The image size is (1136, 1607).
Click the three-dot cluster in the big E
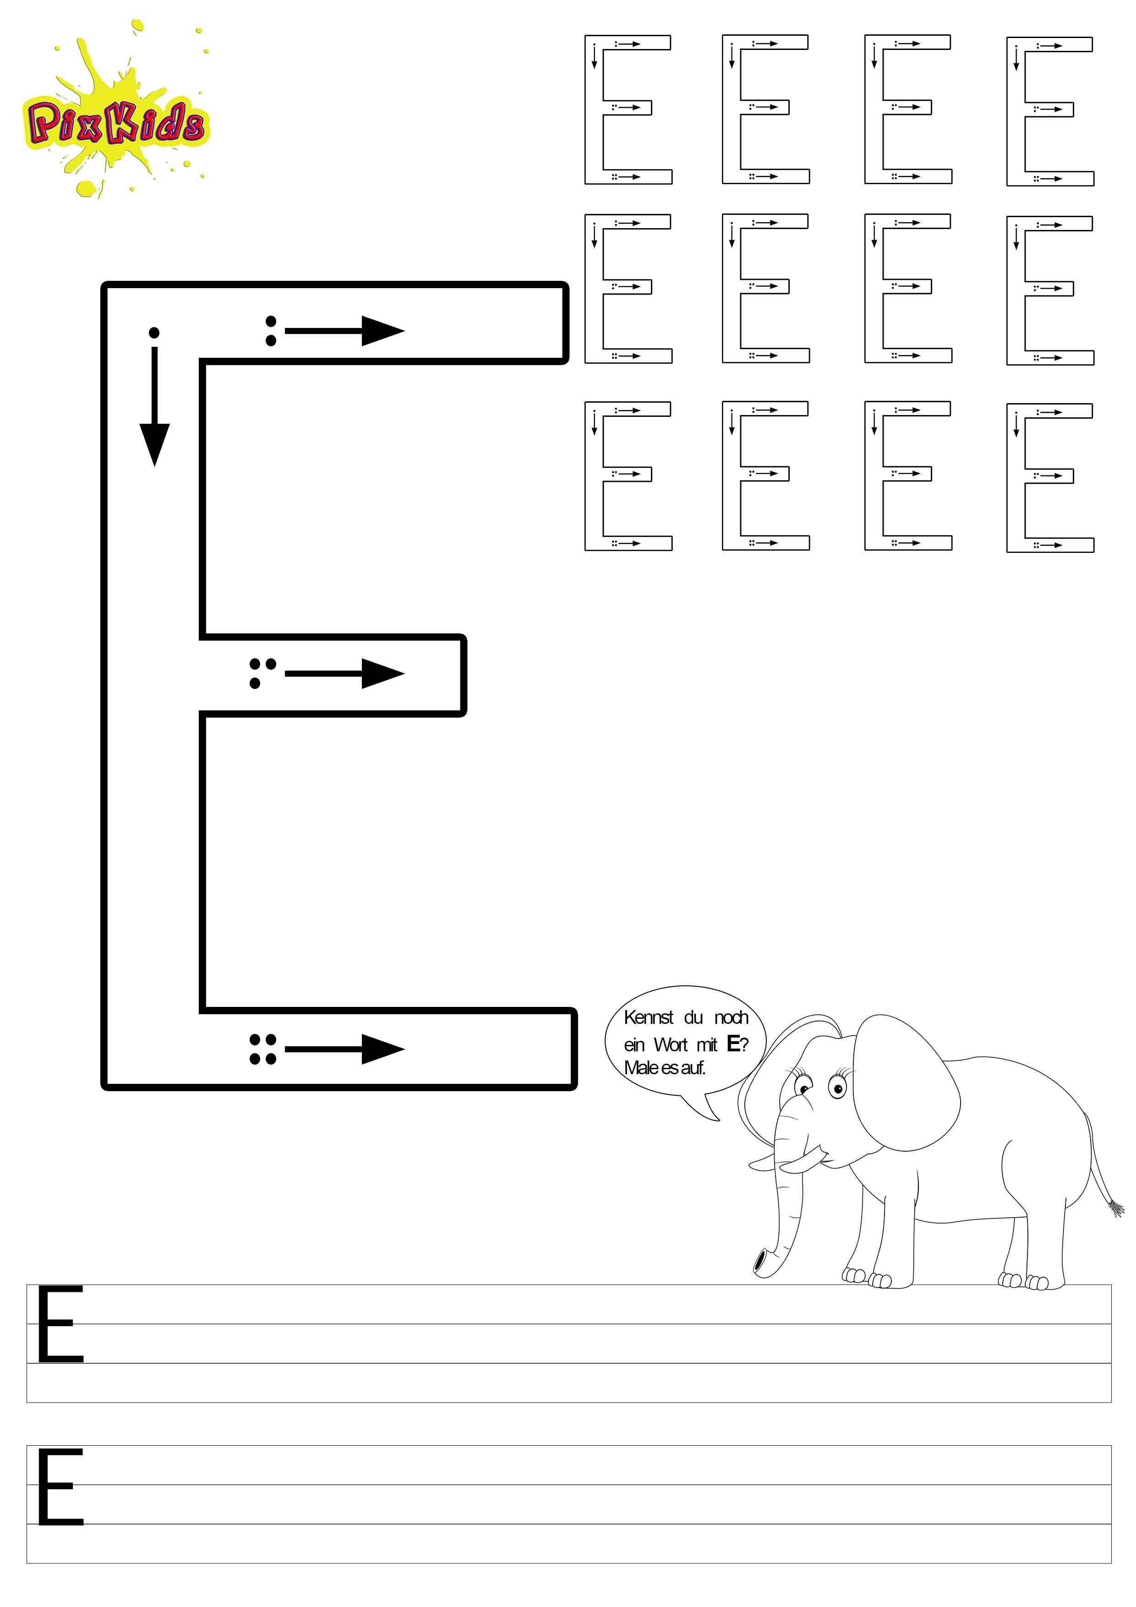[262, 672]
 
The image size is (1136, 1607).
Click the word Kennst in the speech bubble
[648, 1018]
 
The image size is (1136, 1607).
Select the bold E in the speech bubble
[733, 1044]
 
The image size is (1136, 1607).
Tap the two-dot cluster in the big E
[271, 331]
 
